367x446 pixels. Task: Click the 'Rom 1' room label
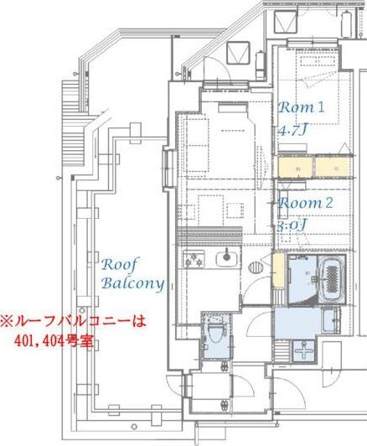click(x=301, y=108)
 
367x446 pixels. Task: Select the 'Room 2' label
click(x=306, y=203)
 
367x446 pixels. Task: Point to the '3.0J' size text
click(x=291, y=225)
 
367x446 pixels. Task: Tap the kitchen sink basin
click(x=224, y=258)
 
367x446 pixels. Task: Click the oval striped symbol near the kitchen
click(x=256, y=267)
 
